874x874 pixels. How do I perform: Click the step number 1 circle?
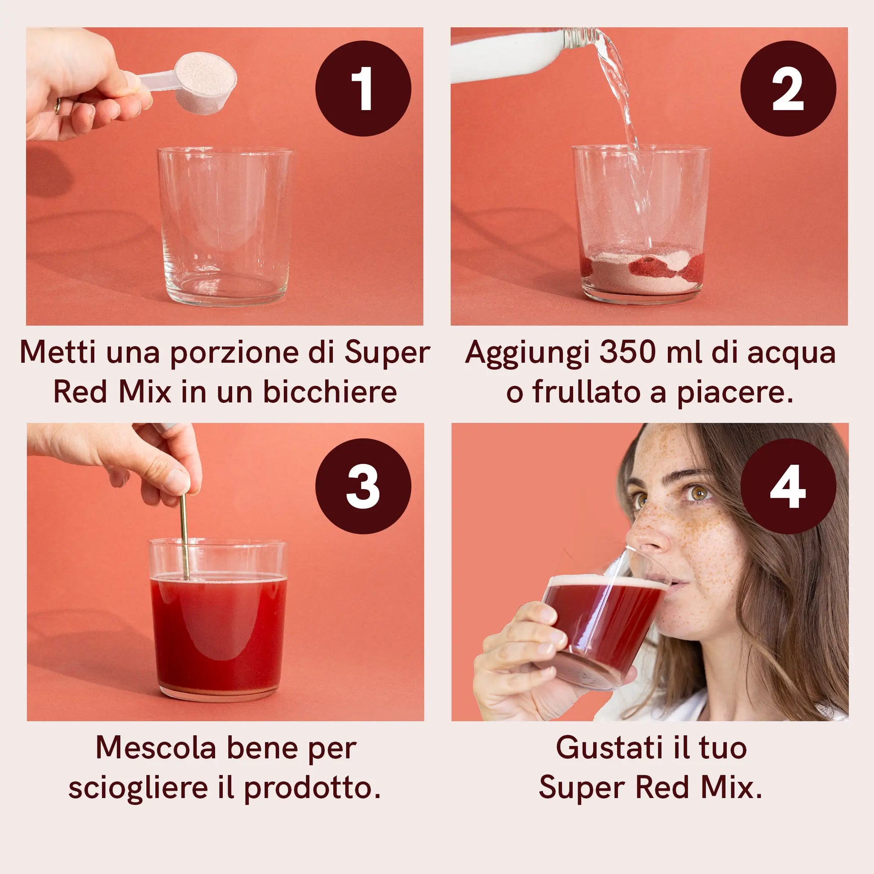(x=363, y=88)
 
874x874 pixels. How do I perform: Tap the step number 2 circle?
(x=788, y=88)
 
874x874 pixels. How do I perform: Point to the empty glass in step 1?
(x=225, y=226)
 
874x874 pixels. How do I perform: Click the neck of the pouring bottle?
(x=583, y=39)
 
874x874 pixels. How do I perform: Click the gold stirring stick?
(x=184, y=536)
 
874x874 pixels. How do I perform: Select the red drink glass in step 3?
(x=218, y=620)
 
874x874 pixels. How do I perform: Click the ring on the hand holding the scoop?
(x=57, y=106)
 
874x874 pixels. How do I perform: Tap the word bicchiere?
(x=330, y=392)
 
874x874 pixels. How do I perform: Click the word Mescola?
(x=156, y=748)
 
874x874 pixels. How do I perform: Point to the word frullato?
(x=586, y=392)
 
